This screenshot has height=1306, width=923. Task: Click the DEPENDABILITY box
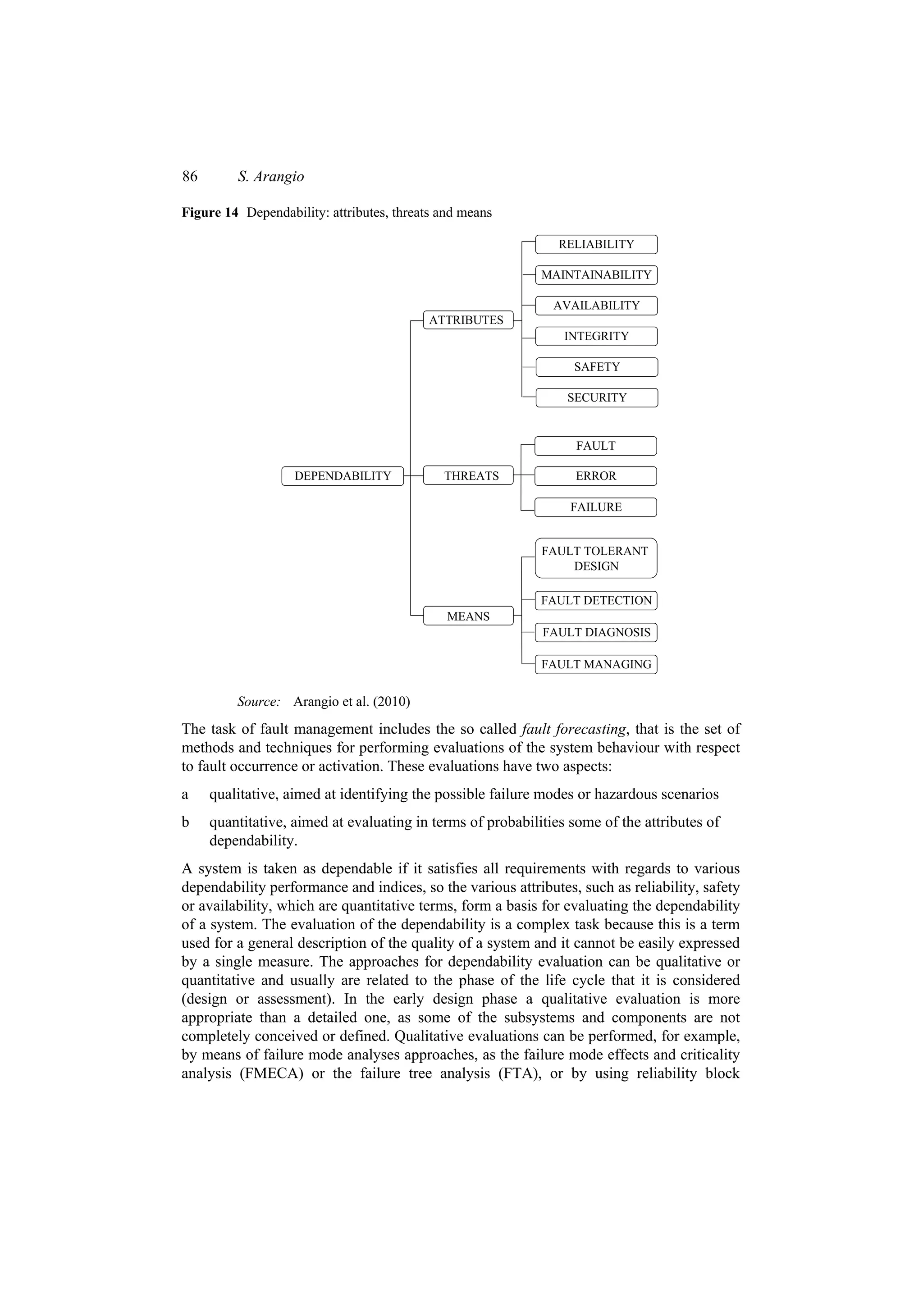point(343,476)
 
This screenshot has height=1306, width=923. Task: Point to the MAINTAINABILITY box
point(596,275)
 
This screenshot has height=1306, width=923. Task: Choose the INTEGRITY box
point(596,336)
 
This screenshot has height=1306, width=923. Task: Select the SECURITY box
point(596,397)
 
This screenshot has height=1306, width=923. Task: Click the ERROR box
point(595,476)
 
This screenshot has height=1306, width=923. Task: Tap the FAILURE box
point(595,507)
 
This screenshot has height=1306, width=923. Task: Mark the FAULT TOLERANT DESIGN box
point(595,558)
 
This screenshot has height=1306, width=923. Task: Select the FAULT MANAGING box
point(595,664)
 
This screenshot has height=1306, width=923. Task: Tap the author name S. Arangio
point(271,177)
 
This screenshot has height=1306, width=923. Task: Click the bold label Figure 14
point(210,213)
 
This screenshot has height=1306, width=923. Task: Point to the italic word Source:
point(259,701)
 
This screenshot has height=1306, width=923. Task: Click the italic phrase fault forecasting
point(573,729)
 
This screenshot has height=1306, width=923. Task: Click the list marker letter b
point(185,822)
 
